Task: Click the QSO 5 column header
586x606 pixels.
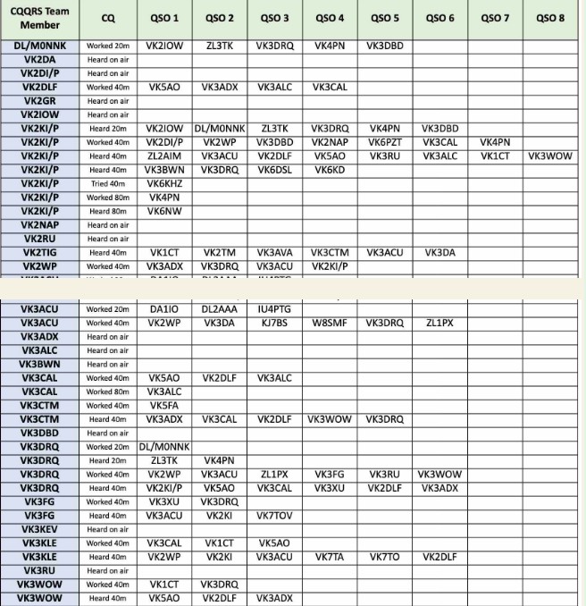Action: pyautogui.click(x=384, y=18)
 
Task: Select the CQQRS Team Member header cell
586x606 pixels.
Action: pyautogui.click(x=41, y=18)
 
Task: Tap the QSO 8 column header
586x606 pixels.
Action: pyautogui.click(x=549, y=18)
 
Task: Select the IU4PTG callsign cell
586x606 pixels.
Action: pyautogui.click(x=274, y=309)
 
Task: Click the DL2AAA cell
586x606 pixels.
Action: pyautogui.click(x=219, y=309)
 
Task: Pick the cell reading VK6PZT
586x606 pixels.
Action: pyautogui.click(x=384, y=142)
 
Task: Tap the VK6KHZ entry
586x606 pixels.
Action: pyautogui.click(x=164, y=183)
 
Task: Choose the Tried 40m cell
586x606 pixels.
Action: pyautogui.click(x=108, y=183)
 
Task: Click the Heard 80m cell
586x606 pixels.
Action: pyautogui.click(x=108, y=211)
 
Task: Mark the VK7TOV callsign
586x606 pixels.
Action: pyautogui.click(x=274, y=516)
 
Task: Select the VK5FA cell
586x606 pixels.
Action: pyautogui.click(x=164, y=406)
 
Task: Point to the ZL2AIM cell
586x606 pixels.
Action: pyautogui.click(x=164, y=156)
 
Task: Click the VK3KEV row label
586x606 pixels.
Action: pyautogui.click(x=41, y=529)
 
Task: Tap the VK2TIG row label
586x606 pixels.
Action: pyautogui.click(x=41, y=253)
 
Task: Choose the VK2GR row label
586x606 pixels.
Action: pyautogui.click(x=41, y=101)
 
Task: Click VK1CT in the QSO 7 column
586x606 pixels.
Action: pyautogui.click(x=494, y=156)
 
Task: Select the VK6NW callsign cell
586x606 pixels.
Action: pyautogui.click(x=164, y=211)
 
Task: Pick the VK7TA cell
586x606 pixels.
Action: pyautogui.click(x=329, y=557)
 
